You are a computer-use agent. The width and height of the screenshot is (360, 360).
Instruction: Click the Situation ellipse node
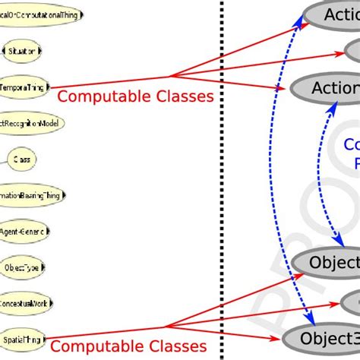point(22,51)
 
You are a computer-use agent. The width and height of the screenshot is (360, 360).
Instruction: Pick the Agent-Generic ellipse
point(25,231)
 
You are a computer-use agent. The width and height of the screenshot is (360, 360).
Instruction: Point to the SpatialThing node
point(22,338)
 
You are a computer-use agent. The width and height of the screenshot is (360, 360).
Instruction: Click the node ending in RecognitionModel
point(30,122)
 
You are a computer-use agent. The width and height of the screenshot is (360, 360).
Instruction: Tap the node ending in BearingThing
point(33,194)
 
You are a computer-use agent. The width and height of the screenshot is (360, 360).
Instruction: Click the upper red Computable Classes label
point(135,96)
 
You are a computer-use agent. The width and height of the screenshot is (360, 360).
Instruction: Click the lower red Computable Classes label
point(129,347)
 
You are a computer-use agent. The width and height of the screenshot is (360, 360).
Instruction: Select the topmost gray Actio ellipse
point(330,15)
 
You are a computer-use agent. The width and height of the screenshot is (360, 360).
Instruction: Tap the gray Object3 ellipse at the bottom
point(322,338)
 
